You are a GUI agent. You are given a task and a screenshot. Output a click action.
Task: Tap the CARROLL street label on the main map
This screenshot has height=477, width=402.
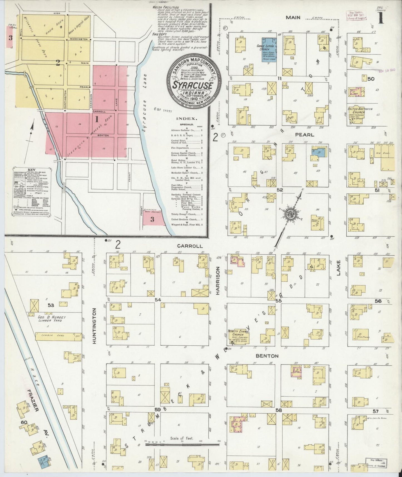point(185,246)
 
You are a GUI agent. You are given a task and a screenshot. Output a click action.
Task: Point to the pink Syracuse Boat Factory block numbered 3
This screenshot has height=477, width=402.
point(153,219)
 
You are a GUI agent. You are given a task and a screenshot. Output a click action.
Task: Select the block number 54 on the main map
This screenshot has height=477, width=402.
point(158,299)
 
